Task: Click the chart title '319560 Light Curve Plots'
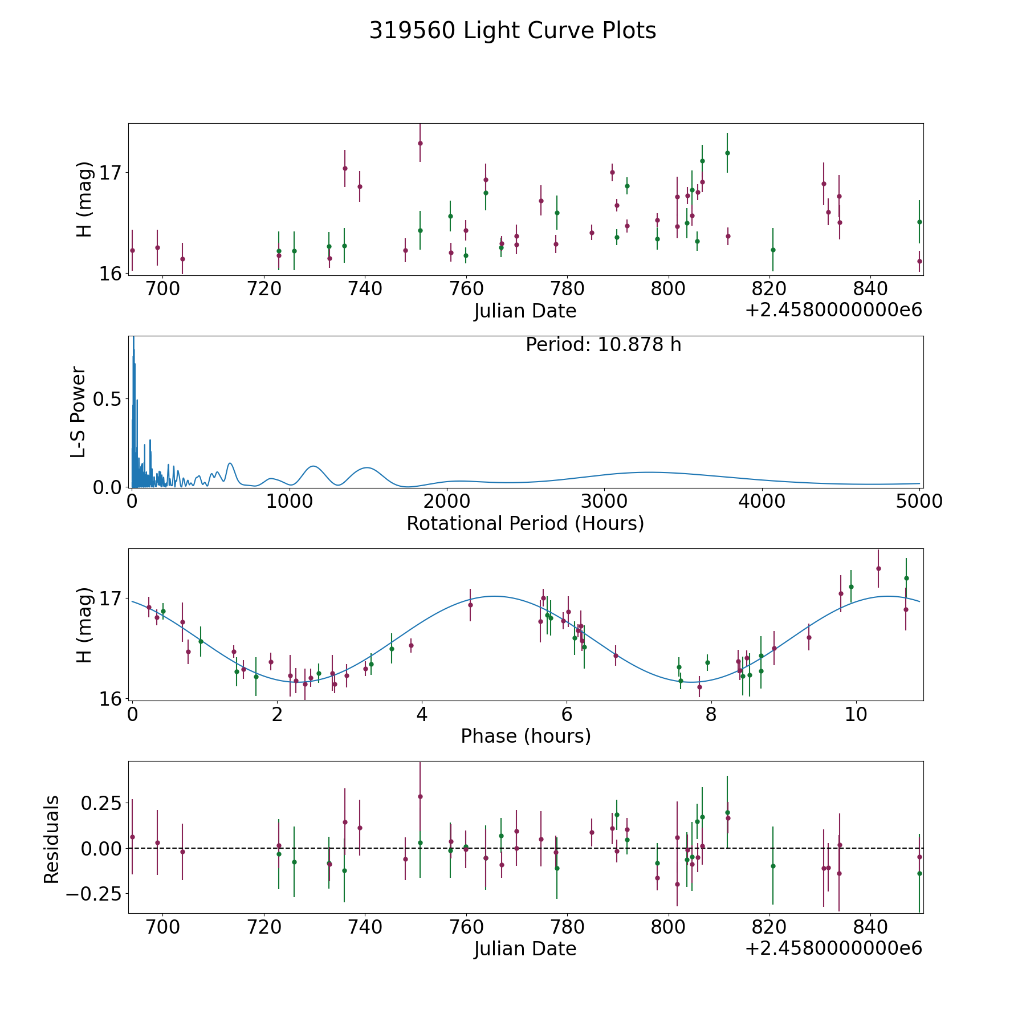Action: point(512,31)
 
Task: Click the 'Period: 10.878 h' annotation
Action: point(603,345)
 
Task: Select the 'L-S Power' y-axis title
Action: point(79,412)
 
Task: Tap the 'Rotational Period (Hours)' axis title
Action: point(525,523)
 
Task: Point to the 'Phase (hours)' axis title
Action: point(526,736)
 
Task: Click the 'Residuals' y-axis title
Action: point(51,839)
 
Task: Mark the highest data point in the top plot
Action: point(420,143)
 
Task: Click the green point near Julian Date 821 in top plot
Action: point(773,250)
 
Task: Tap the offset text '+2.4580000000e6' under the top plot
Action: point(833,311)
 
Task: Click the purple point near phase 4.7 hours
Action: point(470,604)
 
